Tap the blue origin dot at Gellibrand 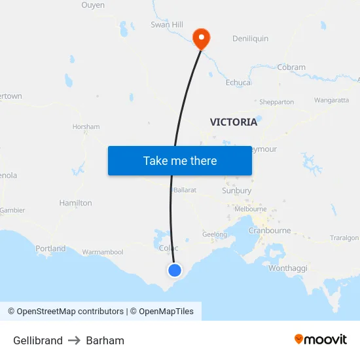click(x=175, y=270)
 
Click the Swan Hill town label click(x=167, y=25)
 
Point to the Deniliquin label click(x=250, y=39)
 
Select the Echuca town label click(x=238, y=82)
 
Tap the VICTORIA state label click(x=234, y=122)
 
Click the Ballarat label click(x=185, y=190)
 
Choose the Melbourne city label click(x=251, y=209)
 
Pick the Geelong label click(x=215, y=234)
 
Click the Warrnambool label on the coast click(x=103, y=252)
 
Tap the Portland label click(x=50, y=249)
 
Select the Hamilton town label click(x=76, y=203)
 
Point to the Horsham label click(x=86, y=126)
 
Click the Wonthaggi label click(x=288, y=268)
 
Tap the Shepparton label click(x=276, y=102)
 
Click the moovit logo click(x=321, y=340)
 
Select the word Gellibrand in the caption click(x=38, y=340)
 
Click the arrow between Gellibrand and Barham click(x=75, y=340)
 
